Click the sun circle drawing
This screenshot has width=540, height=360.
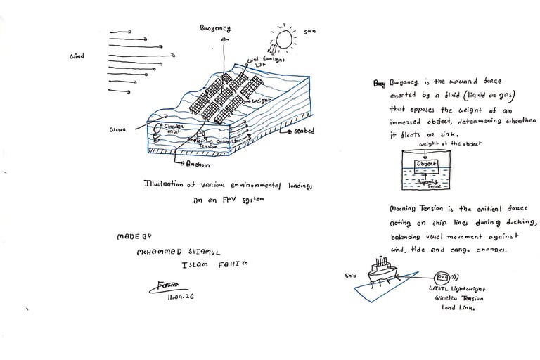pyautogui.click(x=285, y=39)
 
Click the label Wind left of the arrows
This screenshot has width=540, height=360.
pyautogui.click(x=77, y=56)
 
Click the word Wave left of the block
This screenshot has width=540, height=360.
pyautogui.click(x=117, y=130)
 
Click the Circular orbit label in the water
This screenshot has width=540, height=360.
pyautogui.click(x=172, y=129)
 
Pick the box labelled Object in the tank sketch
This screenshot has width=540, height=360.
pyautogui.click(x=427, y=164)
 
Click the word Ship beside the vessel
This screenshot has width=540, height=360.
pyautogui.click(x=351, y=276)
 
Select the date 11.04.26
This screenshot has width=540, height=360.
pyautogui.click(x=181, y=297)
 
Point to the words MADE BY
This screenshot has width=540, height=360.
pyautogui.click(x=132, y=237)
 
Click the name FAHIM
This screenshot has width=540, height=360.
pyautogui.click(x=235, y=264)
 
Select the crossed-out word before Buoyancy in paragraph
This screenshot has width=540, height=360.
pyautogui.click(x=380, y=84)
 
